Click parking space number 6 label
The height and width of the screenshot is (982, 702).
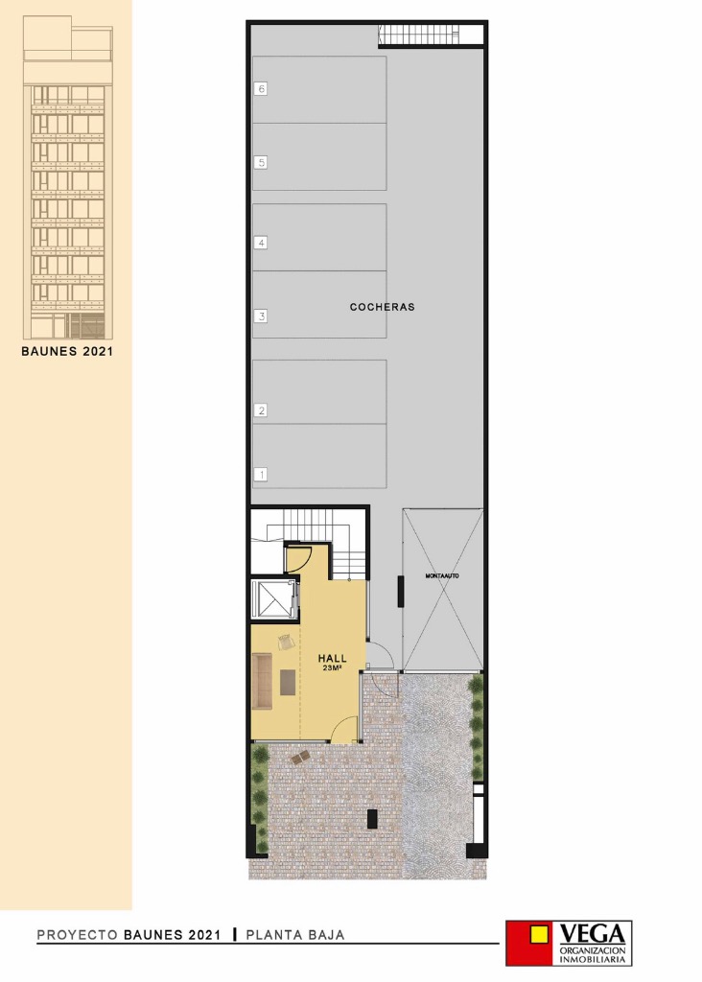coord(261,89)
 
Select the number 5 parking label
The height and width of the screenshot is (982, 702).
coord(261,163)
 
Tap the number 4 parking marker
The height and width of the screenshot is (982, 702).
coord(261,243)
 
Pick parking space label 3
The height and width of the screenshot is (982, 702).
coord(261,316)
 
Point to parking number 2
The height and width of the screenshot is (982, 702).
coord(261,410)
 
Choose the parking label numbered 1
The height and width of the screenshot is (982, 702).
coord(261,475)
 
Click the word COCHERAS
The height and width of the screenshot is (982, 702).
coord(382,307)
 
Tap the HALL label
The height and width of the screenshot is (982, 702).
coord(332,658)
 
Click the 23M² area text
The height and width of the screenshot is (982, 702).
coord(332,667)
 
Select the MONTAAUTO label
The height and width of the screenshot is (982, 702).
coord(442,575)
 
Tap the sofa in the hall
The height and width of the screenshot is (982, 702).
coord(262,682)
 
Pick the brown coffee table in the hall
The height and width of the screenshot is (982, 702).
coord(288,682)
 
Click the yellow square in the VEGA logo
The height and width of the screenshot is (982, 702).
coord(538,935)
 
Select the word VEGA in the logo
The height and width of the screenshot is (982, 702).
coord(592,934)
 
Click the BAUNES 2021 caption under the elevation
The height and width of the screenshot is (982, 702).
coord(67,351)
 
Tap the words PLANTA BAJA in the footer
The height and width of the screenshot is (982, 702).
coord(295,935)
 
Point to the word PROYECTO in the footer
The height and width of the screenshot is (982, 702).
coord(77,935)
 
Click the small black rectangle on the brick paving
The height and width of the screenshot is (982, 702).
coord(372,819)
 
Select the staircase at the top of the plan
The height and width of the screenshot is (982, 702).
coord(419,35)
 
